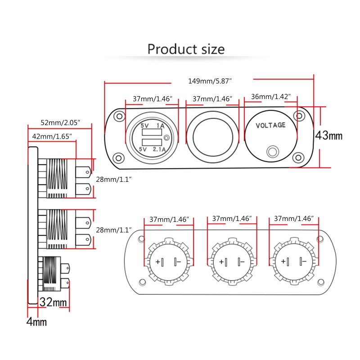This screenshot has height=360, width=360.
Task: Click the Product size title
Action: [186, 49]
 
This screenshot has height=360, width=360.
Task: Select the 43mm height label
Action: [328, 135]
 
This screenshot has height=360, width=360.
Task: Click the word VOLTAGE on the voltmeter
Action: [270, 125]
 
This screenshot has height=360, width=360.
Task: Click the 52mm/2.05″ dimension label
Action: [60, 122]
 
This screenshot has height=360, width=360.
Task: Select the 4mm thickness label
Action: [36, 322]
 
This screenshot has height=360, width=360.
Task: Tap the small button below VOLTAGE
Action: [271, 151]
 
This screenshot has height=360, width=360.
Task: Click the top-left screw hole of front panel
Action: [119, 116]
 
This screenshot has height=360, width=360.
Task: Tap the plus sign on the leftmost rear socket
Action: [158, 262]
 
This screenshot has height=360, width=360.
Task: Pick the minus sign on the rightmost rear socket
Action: [304, 262]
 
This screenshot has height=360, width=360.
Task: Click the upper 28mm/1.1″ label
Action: [114, 179]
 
